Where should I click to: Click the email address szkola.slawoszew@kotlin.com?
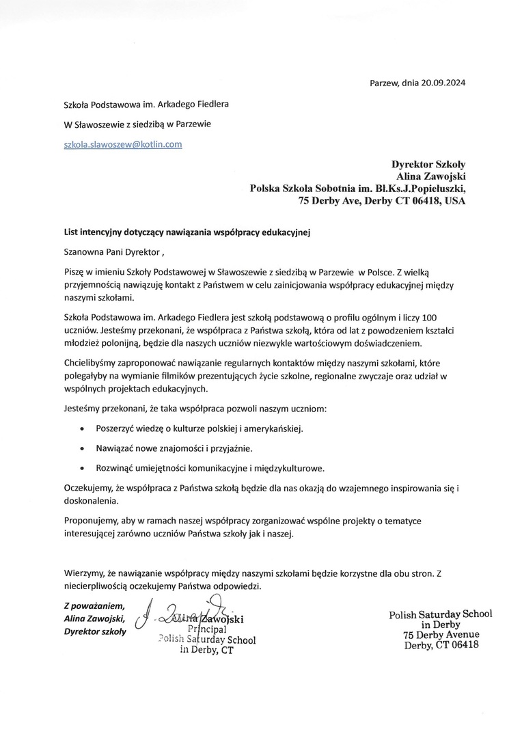point(122,144)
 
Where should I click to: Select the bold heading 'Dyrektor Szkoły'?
point(428,164)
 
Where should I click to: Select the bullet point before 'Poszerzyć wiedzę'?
point(83,430)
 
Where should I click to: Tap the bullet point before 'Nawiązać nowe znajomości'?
point(83,450)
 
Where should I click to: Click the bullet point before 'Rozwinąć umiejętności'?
point(83,469)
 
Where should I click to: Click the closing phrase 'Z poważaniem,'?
point(94,605)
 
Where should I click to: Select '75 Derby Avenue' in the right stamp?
point(441,634)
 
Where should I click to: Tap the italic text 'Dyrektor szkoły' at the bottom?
point(95,631)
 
